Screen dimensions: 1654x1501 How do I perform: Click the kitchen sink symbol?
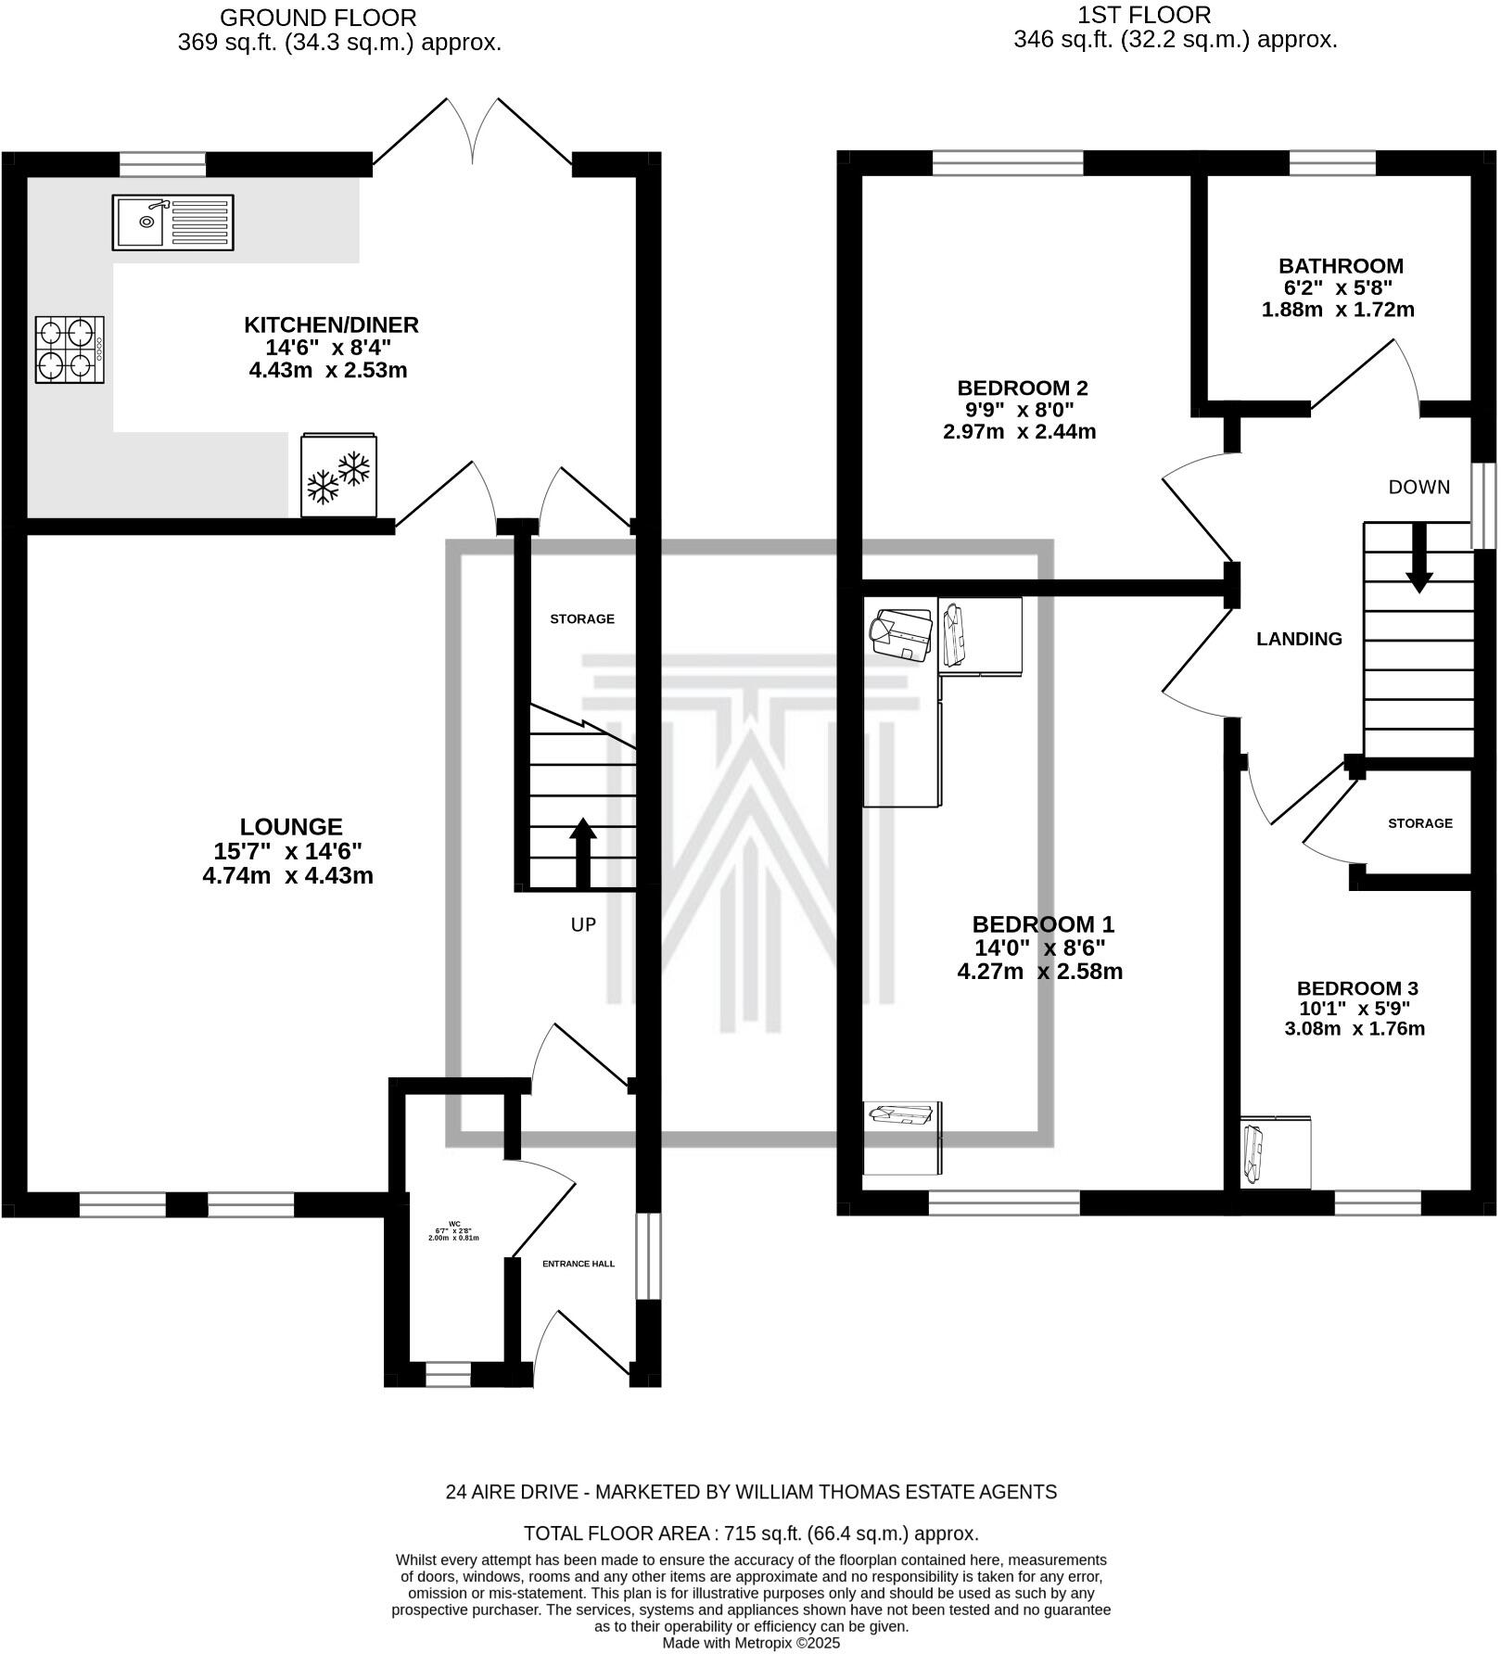pyautogui.click(x=172, y=223)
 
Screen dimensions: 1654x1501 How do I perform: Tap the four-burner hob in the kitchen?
pyautogui.click(x=70, y=350)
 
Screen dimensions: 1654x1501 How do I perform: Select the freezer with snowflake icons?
pyautogui.click(x=338, y=475)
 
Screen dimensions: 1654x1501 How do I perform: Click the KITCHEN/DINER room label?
pyautogui.click(x=331, y=325)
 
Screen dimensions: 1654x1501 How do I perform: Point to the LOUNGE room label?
pyautogui.click(x=291, y=827)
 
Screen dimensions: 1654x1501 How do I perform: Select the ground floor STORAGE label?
pyautogui.click(x=582, y=619)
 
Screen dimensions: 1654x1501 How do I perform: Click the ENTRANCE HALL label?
pyautogui.click(x=579, y=1264)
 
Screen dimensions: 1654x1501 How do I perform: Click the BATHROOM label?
pyautogui.click(x=1341, y=266)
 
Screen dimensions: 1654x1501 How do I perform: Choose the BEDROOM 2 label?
pyautogui.click(x=1022, y=388)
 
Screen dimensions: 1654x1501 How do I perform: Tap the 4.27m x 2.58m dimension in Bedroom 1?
pyautogui.click(x=1039, y=972)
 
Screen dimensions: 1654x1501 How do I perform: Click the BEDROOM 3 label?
pyautogui.click(x=1357, y=988)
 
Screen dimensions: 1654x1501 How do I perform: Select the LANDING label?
pyautogui.click(x=1299, y=639)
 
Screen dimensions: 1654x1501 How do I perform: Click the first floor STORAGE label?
pyautogui.click(x=1419, y=823)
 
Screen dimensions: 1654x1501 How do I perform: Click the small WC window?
pyautogui.click(x=448, y=1373)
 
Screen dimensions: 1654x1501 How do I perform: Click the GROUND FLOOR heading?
pyautogui.click(x=318, y=18)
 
